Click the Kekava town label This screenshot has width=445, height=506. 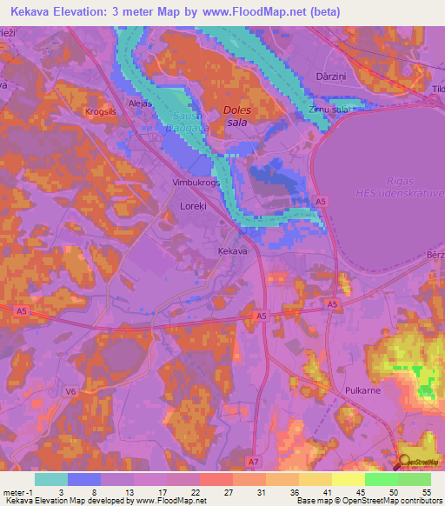(232, 251)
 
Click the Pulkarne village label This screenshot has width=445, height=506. (362, 392)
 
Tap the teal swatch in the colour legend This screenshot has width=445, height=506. (50, 479)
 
